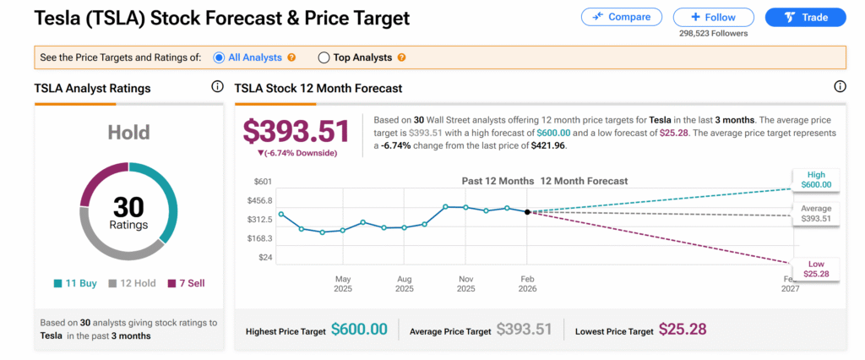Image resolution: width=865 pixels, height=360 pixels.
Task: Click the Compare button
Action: coord(621,17)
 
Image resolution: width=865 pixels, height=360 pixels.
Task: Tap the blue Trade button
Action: coord(805,17)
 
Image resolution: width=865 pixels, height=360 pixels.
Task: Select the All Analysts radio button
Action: coord(220,57)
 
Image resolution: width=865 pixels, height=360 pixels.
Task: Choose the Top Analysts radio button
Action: coord(324,57)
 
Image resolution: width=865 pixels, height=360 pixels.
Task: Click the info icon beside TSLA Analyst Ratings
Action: coord(217,87)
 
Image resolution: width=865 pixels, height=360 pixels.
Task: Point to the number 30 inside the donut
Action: coord(128,205)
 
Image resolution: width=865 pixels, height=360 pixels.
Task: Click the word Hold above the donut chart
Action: coord(128,133)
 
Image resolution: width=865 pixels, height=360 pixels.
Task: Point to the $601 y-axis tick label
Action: coord(263,182)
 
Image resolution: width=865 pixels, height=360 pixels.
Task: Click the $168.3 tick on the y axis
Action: coord(259,238)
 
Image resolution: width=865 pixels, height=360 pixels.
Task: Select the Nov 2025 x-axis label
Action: coord(465,283)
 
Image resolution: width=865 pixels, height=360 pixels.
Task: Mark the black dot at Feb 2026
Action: coord(527,212)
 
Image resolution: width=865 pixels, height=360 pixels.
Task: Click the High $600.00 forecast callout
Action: coord(816,179)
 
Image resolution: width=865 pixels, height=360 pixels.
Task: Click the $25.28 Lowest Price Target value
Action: coord(683,330)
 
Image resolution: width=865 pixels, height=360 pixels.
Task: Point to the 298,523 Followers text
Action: coord(713,34)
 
